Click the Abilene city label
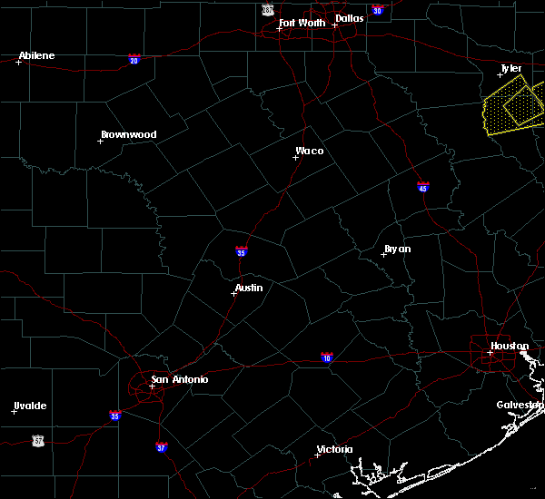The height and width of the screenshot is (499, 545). [36, 55]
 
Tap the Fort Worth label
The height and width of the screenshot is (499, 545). [302, 23]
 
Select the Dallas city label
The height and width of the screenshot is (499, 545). [349, 17]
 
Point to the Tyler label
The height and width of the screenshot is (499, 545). [512, 68]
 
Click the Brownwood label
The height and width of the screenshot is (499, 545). [128, 134]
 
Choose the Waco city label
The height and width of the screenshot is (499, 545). [309, 151]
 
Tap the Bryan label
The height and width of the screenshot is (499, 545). [397, 248]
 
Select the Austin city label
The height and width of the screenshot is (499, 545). [248, 288]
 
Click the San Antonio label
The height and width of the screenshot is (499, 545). [179, 379]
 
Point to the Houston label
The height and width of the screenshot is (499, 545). [510, 346]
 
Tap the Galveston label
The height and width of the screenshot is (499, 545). [520, 405]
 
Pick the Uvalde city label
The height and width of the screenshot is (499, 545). [30, 406]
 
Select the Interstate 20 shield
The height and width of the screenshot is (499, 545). [134, 60]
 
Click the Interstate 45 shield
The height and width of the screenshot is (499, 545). [422, 188]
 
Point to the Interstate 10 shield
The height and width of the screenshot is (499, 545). [326, 358]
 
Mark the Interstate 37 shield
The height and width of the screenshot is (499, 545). [161, 447]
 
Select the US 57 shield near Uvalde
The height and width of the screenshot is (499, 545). [37, 440]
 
